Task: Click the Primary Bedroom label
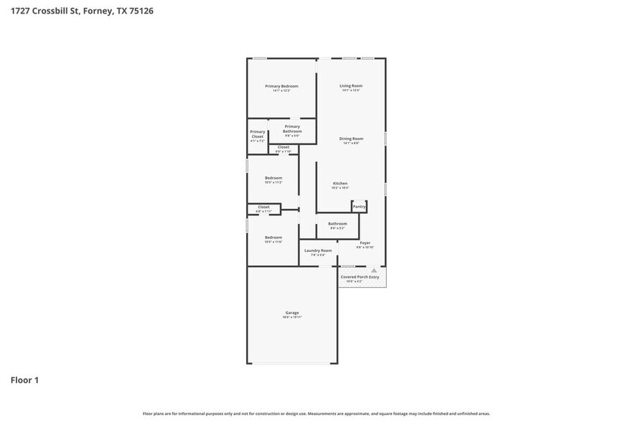281,86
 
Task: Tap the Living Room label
351,86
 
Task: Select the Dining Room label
351,139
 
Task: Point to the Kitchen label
340,184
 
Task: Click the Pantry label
360,207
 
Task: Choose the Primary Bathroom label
292,129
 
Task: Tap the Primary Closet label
257,134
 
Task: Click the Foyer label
365,243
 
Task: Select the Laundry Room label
318,250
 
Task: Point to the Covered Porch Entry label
360,276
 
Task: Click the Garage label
292,313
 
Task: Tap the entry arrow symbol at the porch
373,271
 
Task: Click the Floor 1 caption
24,380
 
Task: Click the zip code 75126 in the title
140,11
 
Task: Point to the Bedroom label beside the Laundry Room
273,238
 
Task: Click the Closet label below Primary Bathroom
283,147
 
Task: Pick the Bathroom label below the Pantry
337,224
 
